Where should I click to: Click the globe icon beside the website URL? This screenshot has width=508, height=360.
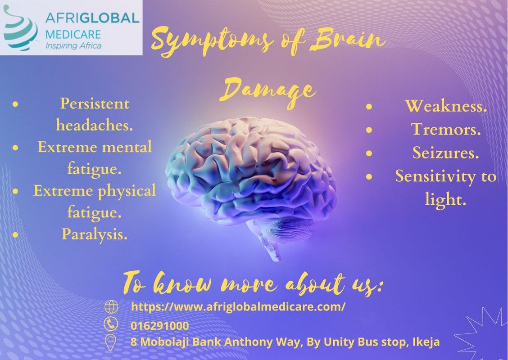coord(111,307)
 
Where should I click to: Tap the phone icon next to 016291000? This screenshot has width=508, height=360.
coord(111,324)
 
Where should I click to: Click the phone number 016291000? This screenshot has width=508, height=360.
coord(160,325)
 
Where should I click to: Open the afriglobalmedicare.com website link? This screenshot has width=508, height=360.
coord(238,307)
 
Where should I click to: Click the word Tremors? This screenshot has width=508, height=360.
coord(446,130)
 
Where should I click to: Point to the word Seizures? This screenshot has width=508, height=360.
coord(445,153)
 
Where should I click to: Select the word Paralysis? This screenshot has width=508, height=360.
coord(94,234)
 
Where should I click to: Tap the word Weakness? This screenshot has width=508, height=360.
coord(446,106)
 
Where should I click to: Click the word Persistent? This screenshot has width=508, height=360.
coord(95,104)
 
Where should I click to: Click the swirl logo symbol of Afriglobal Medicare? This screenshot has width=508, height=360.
coord(20,28)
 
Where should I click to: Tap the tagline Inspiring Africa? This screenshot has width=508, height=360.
coord(73,45)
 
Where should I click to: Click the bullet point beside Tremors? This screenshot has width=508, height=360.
coord(369,130)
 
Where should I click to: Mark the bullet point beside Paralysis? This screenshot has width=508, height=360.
coord(16,234)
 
